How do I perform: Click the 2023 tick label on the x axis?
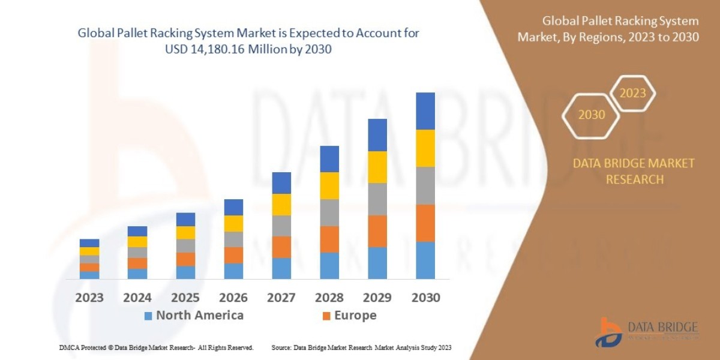coord(89,298)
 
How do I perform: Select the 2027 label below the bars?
coord(281,298)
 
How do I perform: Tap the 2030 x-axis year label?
coord(425,298)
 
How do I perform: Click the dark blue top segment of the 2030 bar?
coord(425,111)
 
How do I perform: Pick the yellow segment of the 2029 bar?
coord(377,167)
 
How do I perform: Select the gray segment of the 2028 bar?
coord(329,212)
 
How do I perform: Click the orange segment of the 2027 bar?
coord(281,247)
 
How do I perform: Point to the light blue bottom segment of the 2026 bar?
coord(233,271)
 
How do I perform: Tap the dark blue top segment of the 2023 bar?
coord(89,243)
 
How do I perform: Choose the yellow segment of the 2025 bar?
coord(185,233)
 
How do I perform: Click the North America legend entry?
coord(193,316)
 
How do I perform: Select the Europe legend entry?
coord(349,316)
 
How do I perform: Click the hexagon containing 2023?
coord(632,94)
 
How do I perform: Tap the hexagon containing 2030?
coord(592,115)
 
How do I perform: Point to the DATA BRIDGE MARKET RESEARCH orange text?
coord(634,171)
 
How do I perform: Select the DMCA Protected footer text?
coord(156,347)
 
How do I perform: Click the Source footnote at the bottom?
coord(361,347)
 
